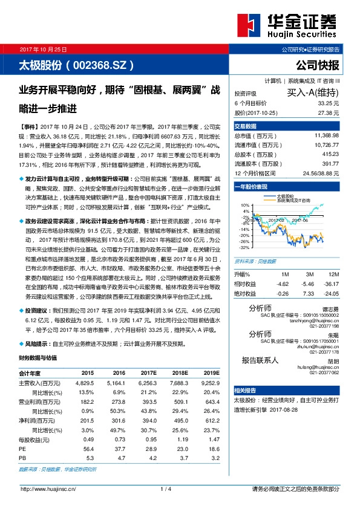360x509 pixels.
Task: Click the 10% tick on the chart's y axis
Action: coord(245,206)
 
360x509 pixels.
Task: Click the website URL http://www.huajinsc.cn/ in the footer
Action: coord(48,488)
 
